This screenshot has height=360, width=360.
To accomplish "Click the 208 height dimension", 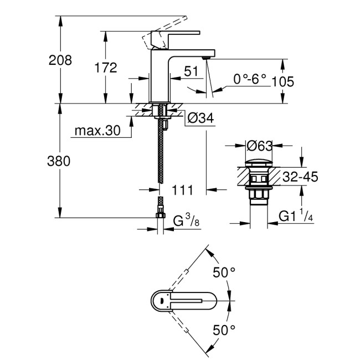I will (x=60, y=60).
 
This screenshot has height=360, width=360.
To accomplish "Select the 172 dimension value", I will (x=105, y=68).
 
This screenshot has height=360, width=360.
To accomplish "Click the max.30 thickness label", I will (x=95, y=131).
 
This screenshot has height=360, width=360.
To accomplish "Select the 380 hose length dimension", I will (x=60, y=162).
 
